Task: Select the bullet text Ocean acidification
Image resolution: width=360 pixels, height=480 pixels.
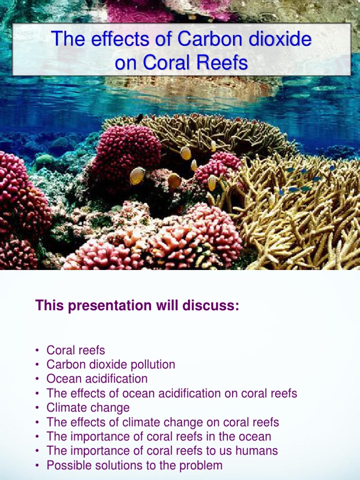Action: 97,379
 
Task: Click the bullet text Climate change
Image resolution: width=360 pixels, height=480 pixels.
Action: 88,408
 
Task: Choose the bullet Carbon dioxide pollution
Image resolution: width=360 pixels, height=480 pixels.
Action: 111,364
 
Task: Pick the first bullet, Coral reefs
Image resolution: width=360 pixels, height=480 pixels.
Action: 76,350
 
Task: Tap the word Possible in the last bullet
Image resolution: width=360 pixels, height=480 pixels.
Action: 67,465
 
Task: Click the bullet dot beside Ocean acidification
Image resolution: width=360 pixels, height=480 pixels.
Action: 37,379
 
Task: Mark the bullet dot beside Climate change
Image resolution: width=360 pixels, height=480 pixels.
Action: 37,408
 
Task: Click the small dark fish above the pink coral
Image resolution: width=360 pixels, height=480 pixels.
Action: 139,118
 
